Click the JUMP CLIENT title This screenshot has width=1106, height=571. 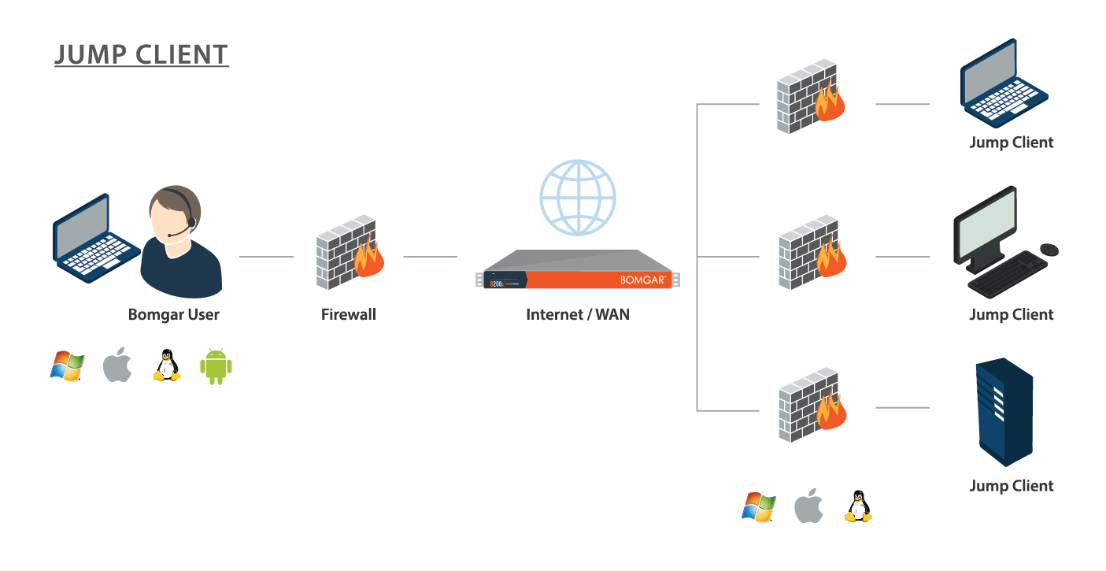click(142, 54)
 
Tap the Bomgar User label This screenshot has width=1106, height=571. click(173, 315)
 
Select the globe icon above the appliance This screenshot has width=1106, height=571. click(578, 197)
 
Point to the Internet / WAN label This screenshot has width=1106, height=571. click(578, 315)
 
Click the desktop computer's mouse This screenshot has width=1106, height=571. click(1049, 249)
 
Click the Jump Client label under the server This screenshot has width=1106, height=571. click(1011, 486)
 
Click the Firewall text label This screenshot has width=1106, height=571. click(349, 315)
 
